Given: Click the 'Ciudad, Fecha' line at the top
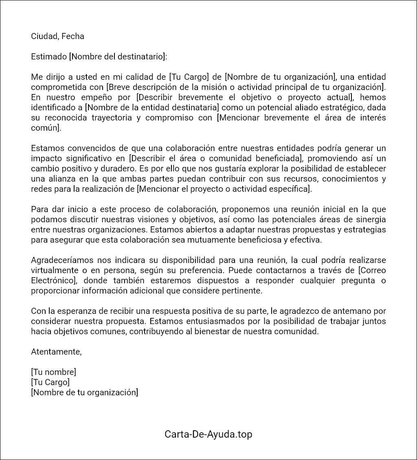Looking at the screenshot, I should tap(57, 36).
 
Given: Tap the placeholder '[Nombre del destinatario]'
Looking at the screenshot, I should tap(118, 57).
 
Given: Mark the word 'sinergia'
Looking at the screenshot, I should tap(371, 219).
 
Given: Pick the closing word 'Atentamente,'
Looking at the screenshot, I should tap(56, 352).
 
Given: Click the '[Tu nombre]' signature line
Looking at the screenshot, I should tap(53, 372).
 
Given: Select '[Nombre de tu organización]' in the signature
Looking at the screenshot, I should tap(84, 392).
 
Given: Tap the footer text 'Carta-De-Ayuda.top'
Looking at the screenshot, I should tap(208, 434).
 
